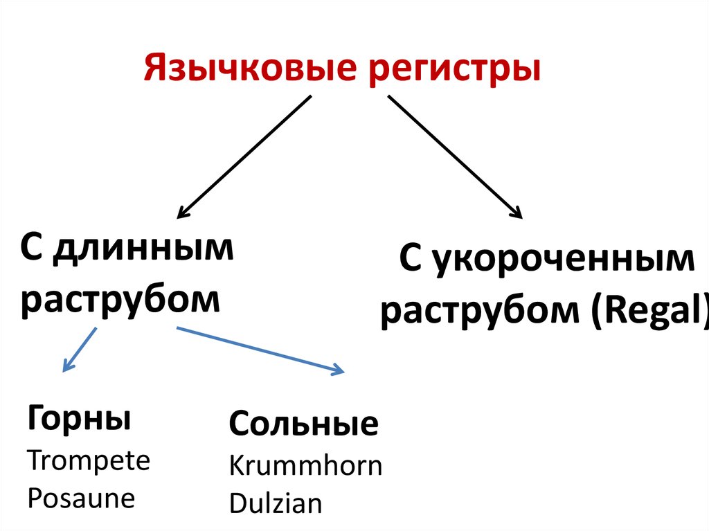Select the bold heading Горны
(x=79, y=419)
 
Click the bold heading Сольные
(x=304, y=424)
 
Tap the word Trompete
(x=89, y=460)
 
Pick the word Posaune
(x=81, y=498)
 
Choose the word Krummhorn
(x=305, y=465)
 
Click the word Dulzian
(x=276, y=503)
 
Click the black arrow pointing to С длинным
(x=244, y=156)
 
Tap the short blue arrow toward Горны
(x=80, y=350)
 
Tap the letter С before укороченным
(x=411, y=260)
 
